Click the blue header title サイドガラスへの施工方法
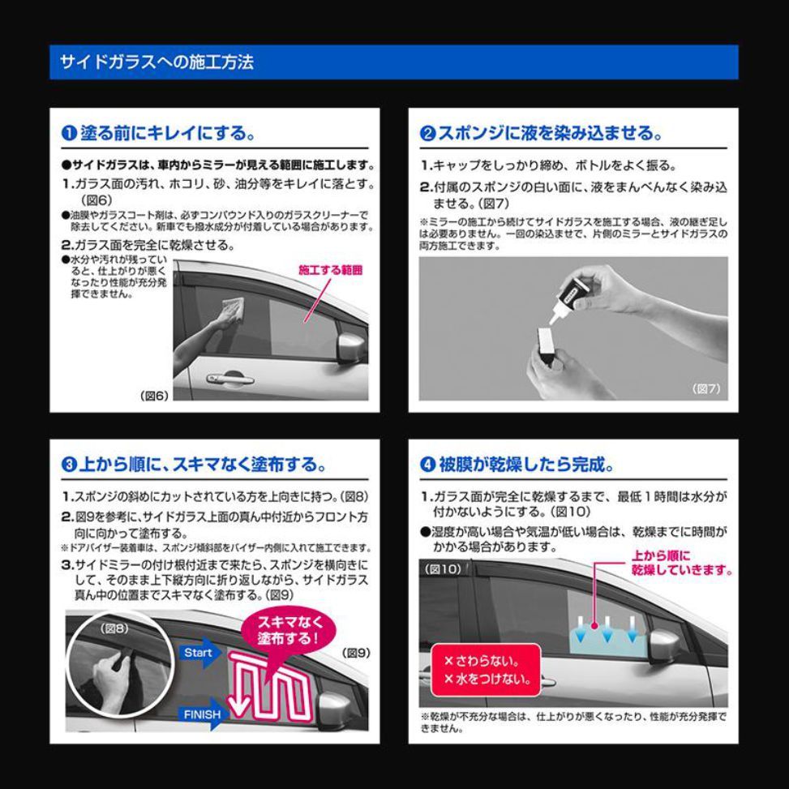157,62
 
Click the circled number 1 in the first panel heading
68,133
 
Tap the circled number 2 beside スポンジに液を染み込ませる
427,134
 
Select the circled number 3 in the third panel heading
68,465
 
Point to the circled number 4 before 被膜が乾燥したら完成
427,465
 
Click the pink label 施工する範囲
331,270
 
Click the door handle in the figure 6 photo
229,379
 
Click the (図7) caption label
706,388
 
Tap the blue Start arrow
201,653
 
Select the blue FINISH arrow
203,714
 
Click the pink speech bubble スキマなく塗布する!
289,632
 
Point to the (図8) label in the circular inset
114,628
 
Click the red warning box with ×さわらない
486,671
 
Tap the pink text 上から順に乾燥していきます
681,563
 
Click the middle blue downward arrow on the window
607,629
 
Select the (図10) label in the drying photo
443,569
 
